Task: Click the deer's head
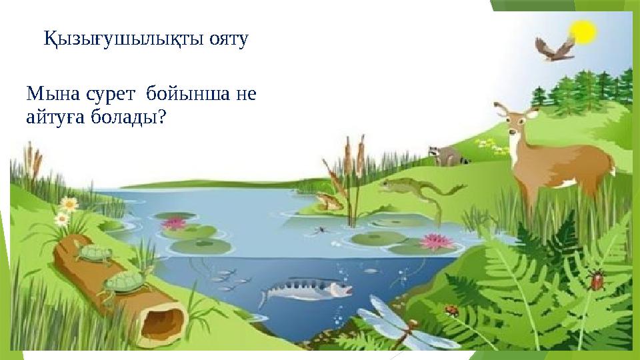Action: point(515,119)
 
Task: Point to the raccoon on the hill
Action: point(445,155)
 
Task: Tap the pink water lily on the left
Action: point(175,223)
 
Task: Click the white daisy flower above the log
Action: point(62,218)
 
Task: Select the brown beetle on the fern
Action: point(597,279)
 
